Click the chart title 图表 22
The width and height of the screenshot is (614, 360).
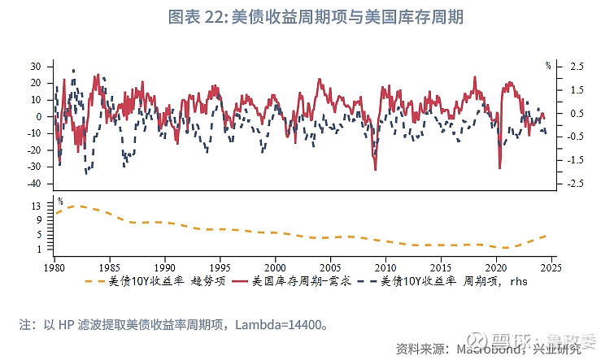[x=307, y=17]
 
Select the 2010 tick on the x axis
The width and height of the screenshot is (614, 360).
[x=385, y=267]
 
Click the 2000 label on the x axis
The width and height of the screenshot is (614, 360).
[x=275, y=267]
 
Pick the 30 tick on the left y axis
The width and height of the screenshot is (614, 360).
[x=36, y=66]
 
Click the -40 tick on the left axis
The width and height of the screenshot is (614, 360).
[x=33, y=184]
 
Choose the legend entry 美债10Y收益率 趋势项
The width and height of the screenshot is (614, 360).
[x=159, y=282]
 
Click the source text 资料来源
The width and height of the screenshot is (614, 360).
[x=419, y=349]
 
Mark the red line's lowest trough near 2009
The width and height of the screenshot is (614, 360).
[x=375, y=169]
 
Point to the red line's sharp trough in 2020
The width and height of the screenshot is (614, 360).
[x=499, y=168]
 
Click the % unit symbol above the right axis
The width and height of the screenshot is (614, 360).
[x=548, y=64]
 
